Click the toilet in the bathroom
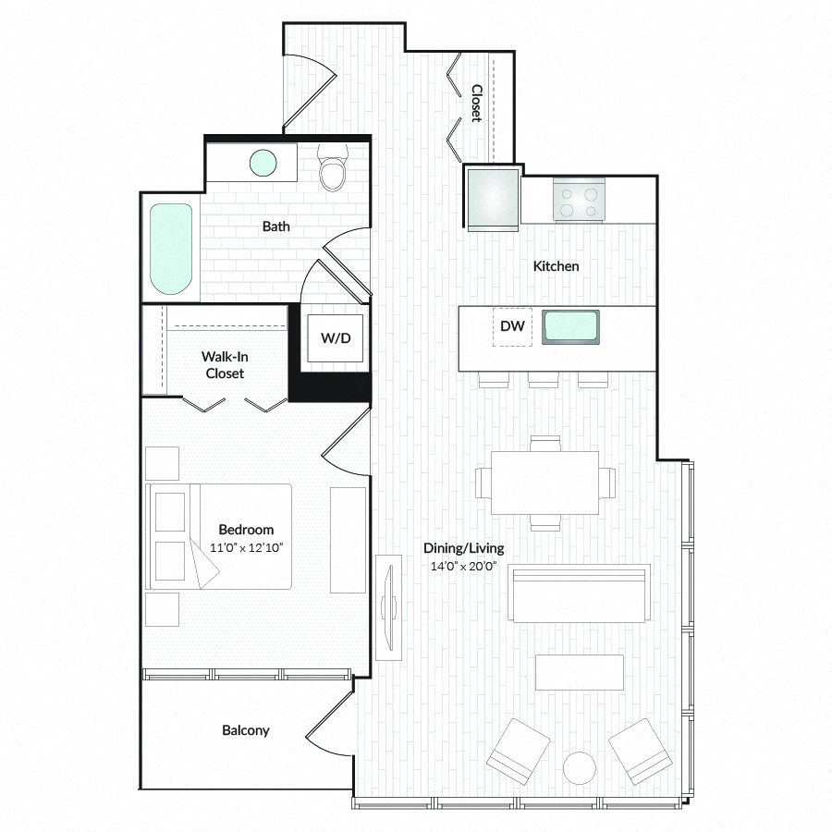click(333, 167)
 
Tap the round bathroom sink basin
click(263, 163)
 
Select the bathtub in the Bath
click(171, 249)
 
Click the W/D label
click(336, 338)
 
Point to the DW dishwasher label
click(512, 325)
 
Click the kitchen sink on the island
click(570, 327)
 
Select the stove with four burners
click(579, 200)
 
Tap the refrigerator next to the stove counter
click(493, 199)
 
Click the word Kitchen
click(557, 266)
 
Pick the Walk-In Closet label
click(225, 365)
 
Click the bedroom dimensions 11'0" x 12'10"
click(246, 547)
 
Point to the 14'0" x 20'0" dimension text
click(463, 566)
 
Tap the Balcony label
click(246, 730)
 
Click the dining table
click(544, 483)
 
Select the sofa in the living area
click(579, 593)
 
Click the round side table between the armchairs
click(580, 768)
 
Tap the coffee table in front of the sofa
click(580, 672)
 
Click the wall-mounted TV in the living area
click(389, 607)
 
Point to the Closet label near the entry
click(476, 103)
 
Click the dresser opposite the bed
click(349, 540)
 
